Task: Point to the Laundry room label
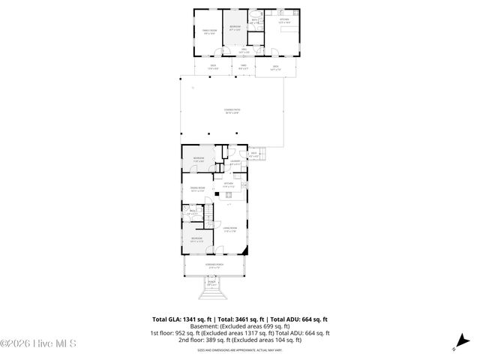[x=235, y=162]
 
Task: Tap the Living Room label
[x=231, y=230]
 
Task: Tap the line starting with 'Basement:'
[x=240, y=326]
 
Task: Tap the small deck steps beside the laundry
[x=262, y=154]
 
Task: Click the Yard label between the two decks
[x=243, y=67]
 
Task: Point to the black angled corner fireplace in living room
[x=217, y=193]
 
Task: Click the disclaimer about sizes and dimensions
[x=240, y=349]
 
